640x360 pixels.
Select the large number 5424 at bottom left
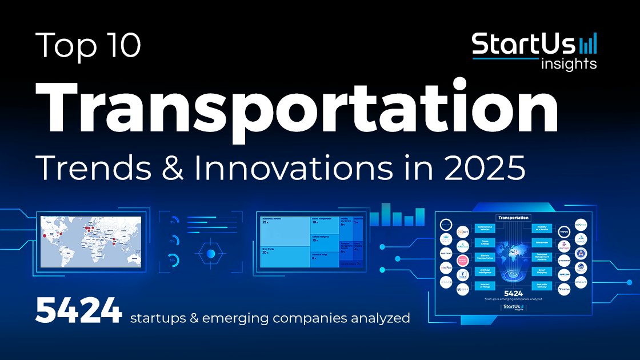[x=78, y=311]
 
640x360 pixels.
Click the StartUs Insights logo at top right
[x=534, y=50]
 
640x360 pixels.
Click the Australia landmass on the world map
[x=129, y=255]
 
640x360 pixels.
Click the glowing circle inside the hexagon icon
[x=211, y=253]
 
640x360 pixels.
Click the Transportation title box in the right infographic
[x=513, y=218]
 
